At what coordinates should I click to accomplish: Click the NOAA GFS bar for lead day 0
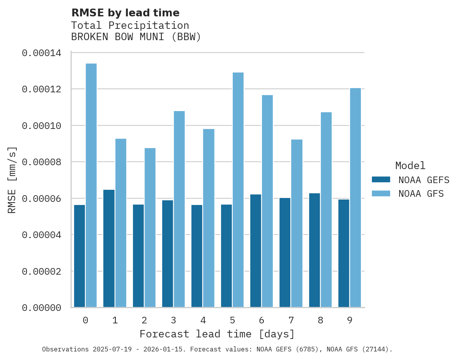pos(91,185)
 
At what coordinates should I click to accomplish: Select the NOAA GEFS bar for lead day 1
pos(109,248)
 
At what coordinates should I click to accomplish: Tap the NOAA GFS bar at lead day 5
pos(238,190)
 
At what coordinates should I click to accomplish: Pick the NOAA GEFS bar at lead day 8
pos(315,250)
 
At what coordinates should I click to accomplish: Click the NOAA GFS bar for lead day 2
pos(150,228)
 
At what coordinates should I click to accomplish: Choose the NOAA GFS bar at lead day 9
pos(355,198)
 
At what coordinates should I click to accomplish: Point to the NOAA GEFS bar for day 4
pos(197,256)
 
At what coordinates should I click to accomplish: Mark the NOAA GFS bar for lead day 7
pos(297,223)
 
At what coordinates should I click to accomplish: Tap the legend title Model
pos(410,166)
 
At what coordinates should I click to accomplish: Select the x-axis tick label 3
pos(173,320)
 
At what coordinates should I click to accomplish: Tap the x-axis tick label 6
pos(262,320)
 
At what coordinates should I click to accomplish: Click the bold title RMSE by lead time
pos(125,13)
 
